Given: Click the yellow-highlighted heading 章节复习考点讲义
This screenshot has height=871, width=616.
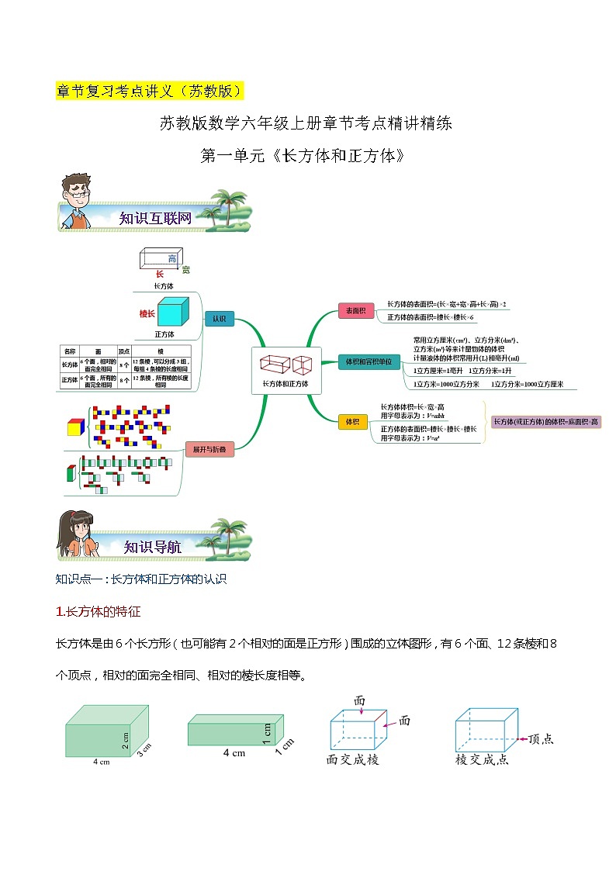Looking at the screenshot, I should pyautogui.click(x=150, y=90).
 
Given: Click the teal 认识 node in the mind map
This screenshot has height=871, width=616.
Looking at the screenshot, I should pyautogui.click(x=219, y=319).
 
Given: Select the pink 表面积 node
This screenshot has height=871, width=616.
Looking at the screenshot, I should pyautogui.click(x=355, y=311).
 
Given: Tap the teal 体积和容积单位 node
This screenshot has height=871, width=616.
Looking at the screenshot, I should pyautogui.click(x=369, y=361).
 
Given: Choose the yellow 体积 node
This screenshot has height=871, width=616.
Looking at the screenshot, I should pyautogui.click(x=352, y=421).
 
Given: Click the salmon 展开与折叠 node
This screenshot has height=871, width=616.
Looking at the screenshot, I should pyautogui.click(x=209, y=449).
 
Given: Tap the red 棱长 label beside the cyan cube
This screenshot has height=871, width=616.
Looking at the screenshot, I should pyautogui.click(x=147, y=313).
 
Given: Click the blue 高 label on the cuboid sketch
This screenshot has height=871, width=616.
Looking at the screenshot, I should pyautogui.click(x=172, y=258).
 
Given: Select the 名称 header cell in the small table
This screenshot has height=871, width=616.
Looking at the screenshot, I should pyautogui.click(x=70, y=351).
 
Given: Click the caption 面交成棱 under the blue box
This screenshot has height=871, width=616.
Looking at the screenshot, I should pyautogui.click(x=353, y=759).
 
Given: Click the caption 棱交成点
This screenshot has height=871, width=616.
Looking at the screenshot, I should pyautogui.click(x=482, y=759).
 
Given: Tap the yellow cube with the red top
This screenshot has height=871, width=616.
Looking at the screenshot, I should pyautogui.click(x=75, y=427).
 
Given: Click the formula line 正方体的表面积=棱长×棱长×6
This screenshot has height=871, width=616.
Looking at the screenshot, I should pyautogui.click(x=431, y=317).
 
